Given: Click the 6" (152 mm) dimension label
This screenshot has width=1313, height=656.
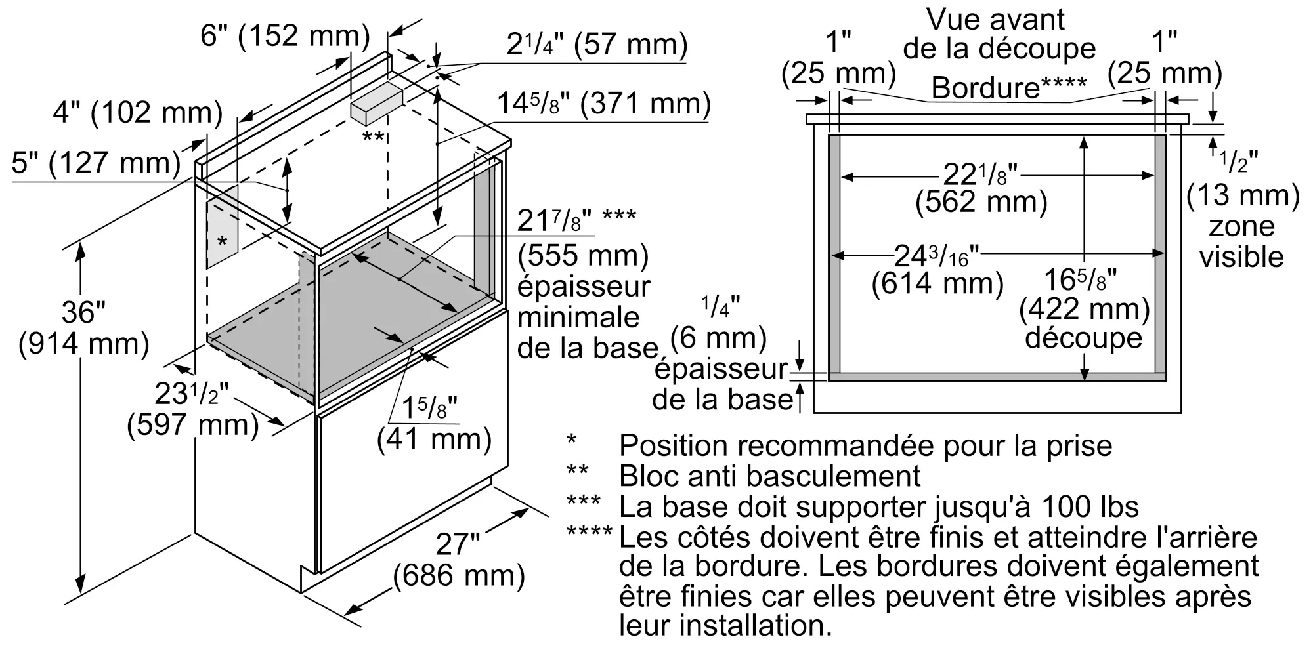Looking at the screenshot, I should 285,35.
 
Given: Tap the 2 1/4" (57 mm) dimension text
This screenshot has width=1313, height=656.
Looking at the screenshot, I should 597,45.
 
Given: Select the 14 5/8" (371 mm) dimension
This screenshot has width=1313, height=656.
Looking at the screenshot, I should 603,104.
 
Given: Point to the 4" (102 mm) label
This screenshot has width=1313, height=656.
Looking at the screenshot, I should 137,113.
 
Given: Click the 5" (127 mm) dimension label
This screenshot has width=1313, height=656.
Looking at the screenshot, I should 96,163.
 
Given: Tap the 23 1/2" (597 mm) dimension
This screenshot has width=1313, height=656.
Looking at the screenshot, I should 192,409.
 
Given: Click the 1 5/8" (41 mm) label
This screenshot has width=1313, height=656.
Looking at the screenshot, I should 434,424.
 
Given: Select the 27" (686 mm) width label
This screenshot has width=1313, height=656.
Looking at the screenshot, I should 459,560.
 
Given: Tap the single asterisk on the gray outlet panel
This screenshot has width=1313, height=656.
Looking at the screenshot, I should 222,242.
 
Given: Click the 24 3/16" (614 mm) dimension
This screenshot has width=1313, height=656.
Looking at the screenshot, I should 937,269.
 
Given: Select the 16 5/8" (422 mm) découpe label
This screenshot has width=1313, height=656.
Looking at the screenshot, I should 1083,308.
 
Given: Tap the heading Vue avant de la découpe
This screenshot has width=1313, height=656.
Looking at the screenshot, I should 999,34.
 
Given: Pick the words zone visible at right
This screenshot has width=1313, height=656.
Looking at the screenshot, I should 1241,241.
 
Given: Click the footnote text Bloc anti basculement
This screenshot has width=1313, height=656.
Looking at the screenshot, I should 769,476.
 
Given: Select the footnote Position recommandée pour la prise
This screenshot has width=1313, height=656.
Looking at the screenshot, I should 865,446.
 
